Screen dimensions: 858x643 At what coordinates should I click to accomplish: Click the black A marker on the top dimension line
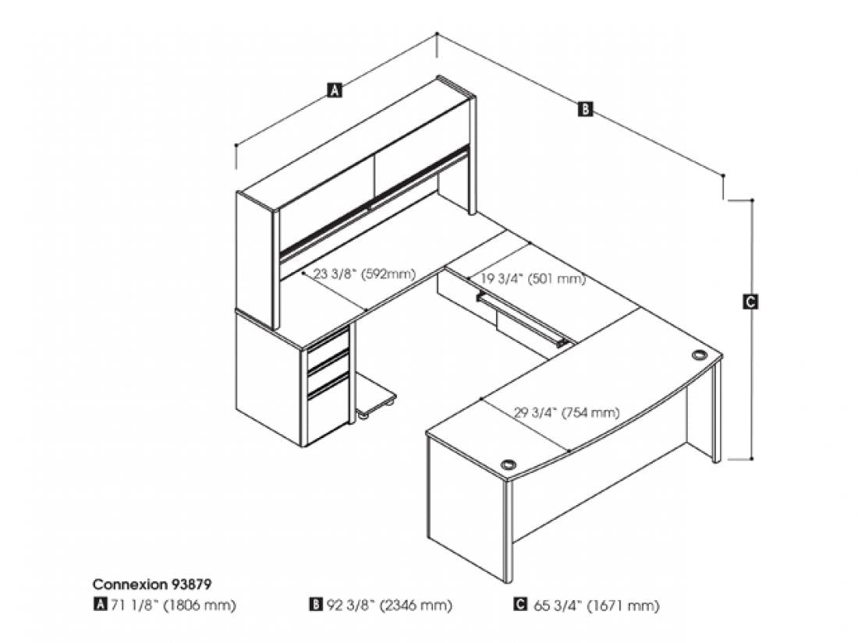click(335, 90)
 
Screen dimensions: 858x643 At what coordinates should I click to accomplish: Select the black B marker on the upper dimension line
click(585, 108)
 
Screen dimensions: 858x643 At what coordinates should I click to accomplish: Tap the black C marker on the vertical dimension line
click(750, 302)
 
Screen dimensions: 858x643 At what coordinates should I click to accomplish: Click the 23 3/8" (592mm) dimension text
click(364, 274)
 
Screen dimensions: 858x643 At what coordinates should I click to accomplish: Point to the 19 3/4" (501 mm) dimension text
click(533, 279)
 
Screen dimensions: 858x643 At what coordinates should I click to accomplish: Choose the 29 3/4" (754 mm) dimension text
click(566, 412)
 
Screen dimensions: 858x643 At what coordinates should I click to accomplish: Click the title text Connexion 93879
click(151, 584)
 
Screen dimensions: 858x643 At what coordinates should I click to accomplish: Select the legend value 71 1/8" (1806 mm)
click(172, 606)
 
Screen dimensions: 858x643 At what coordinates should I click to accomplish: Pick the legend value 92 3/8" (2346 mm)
click(389, 606)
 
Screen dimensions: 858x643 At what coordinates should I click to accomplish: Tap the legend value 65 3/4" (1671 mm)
click(597, 606)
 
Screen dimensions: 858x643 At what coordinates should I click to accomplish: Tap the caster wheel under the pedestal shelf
click(363, 417)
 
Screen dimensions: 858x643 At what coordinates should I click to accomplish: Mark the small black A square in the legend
click(100, 605)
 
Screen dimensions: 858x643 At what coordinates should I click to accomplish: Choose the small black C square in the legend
click(519, 605)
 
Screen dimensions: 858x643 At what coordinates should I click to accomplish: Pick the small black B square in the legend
click(315, 605)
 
